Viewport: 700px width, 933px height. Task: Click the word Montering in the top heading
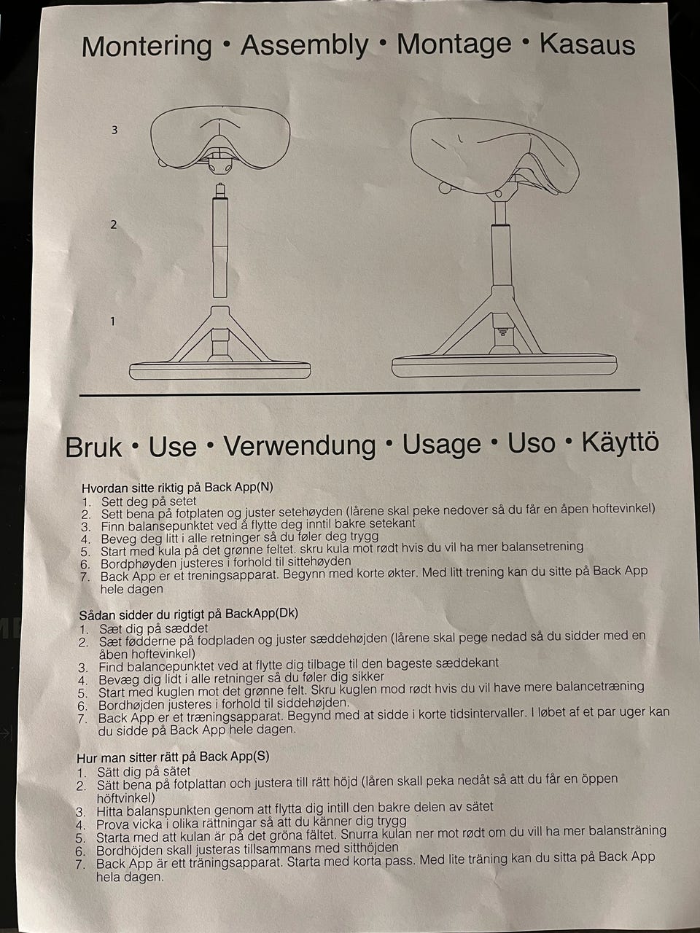coord(147,47)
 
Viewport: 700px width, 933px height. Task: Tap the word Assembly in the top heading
coord(304,46)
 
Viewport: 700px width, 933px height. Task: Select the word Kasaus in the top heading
coord(588,44)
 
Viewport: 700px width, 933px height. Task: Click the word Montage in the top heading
coord(454,45)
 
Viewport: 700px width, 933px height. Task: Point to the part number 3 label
coord(114,130)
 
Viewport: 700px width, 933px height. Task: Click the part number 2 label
coord(114,225)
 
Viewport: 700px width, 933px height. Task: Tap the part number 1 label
coord(112,321)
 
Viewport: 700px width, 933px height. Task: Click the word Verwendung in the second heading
coord(300,446)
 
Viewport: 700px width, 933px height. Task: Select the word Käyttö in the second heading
coord(620,442)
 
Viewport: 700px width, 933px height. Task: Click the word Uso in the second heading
coord(532,443)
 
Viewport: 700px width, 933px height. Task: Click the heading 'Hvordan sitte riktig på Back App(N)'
coord(177,487)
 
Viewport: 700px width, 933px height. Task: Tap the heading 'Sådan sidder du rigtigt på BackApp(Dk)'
coord(189,614)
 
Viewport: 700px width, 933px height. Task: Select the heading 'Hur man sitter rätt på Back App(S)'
coord(173,757)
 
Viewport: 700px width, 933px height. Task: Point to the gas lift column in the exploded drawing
coord(219,241)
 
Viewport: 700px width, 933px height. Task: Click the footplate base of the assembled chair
coord(504,366)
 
